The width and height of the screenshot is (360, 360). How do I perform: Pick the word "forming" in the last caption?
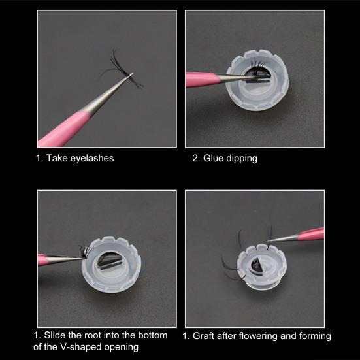[315, 336]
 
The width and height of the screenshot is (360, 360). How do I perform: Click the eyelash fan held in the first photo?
[122, 69]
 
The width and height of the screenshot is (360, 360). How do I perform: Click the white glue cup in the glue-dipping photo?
[257, 80]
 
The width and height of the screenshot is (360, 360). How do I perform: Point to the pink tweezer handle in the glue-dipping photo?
[202, 79]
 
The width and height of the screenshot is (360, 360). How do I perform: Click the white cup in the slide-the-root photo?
[112, 265]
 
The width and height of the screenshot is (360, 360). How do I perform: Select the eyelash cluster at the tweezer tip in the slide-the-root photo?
[84, 252]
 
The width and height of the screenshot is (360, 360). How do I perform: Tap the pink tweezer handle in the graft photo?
[312, 234]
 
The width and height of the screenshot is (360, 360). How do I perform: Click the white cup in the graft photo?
[262, 267]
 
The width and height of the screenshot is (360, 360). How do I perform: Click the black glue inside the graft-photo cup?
[256, 266]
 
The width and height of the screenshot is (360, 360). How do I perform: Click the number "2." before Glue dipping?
[196, 158]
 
